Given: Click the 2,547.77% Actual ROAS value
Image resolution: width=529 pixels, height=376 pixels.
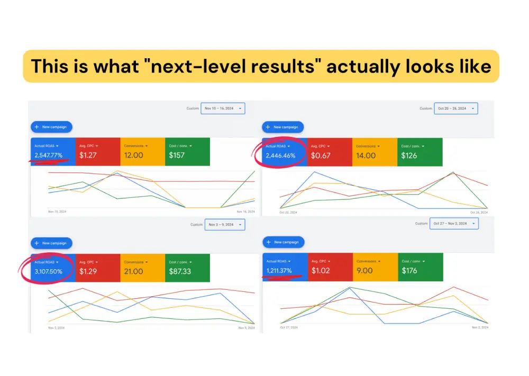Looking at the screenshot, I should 49,155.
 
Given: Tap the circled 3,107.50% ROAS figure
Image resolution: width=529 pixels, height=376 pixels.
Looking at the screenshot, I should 49,271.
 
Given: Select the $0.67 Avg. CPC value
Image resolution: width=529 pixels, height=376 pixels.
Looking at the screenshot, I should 321,155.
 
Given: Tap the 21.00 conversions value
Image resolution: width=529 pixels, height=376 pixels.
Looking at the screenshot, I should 133,271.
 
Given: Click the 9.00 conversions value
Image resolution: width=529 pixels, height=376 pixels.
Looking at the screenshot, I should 364,271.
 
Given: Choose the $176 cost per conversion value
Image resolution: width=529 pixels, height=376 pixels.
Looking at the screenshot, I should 409,271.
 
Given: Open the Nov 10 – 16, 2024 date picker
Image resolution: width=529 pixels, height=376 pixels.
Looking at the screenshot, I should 223,108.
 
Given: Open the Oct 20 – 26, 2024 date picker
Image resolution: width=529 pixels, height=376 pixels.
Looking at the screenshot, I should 455,108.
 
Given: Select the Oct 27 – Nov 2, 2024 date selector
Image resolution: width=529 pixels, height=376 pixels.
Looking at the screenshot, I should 454,224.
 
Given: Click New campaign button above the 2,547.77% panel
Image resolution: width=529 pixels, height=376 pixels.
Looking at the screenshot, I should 51,127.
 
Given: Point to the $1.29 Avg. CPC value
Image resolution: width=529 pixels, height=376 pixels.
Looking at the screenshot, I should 88,271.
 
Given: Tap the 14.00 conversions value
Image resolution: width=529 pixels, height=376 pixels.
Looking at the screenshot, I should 366,155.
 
